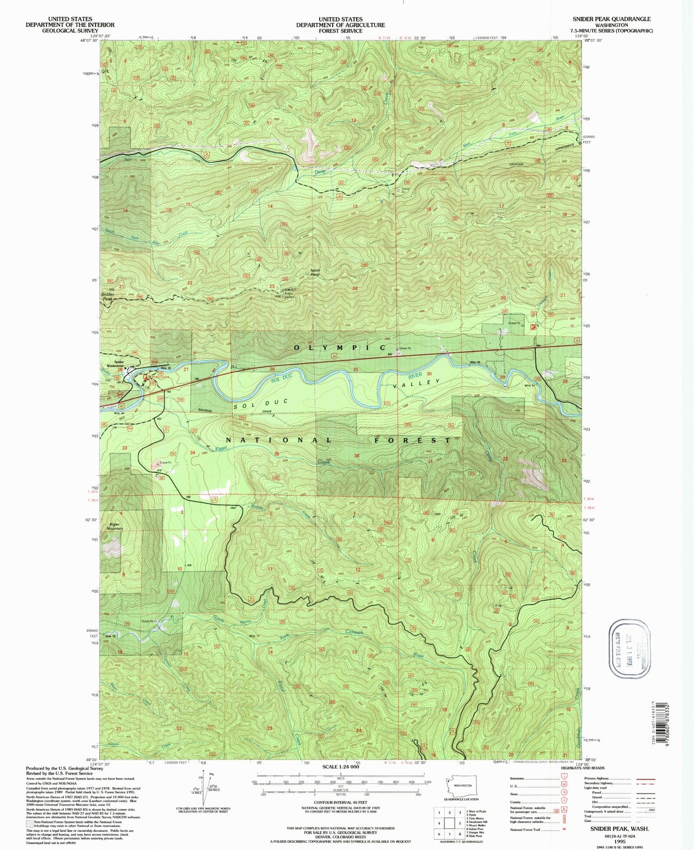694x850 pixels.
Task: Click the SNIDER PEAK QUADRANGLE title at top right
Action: coord(611,19)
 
